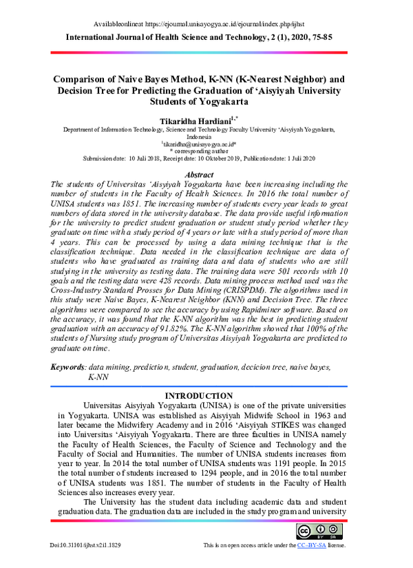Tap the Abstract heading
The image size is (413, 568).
tap(200, 176)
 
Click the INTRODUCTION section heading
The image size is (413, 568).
tap(200, 395)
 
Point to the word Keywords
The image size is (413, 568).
tap(70, 367)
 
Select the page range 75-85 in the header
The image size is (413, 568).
tap(318, 36)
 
